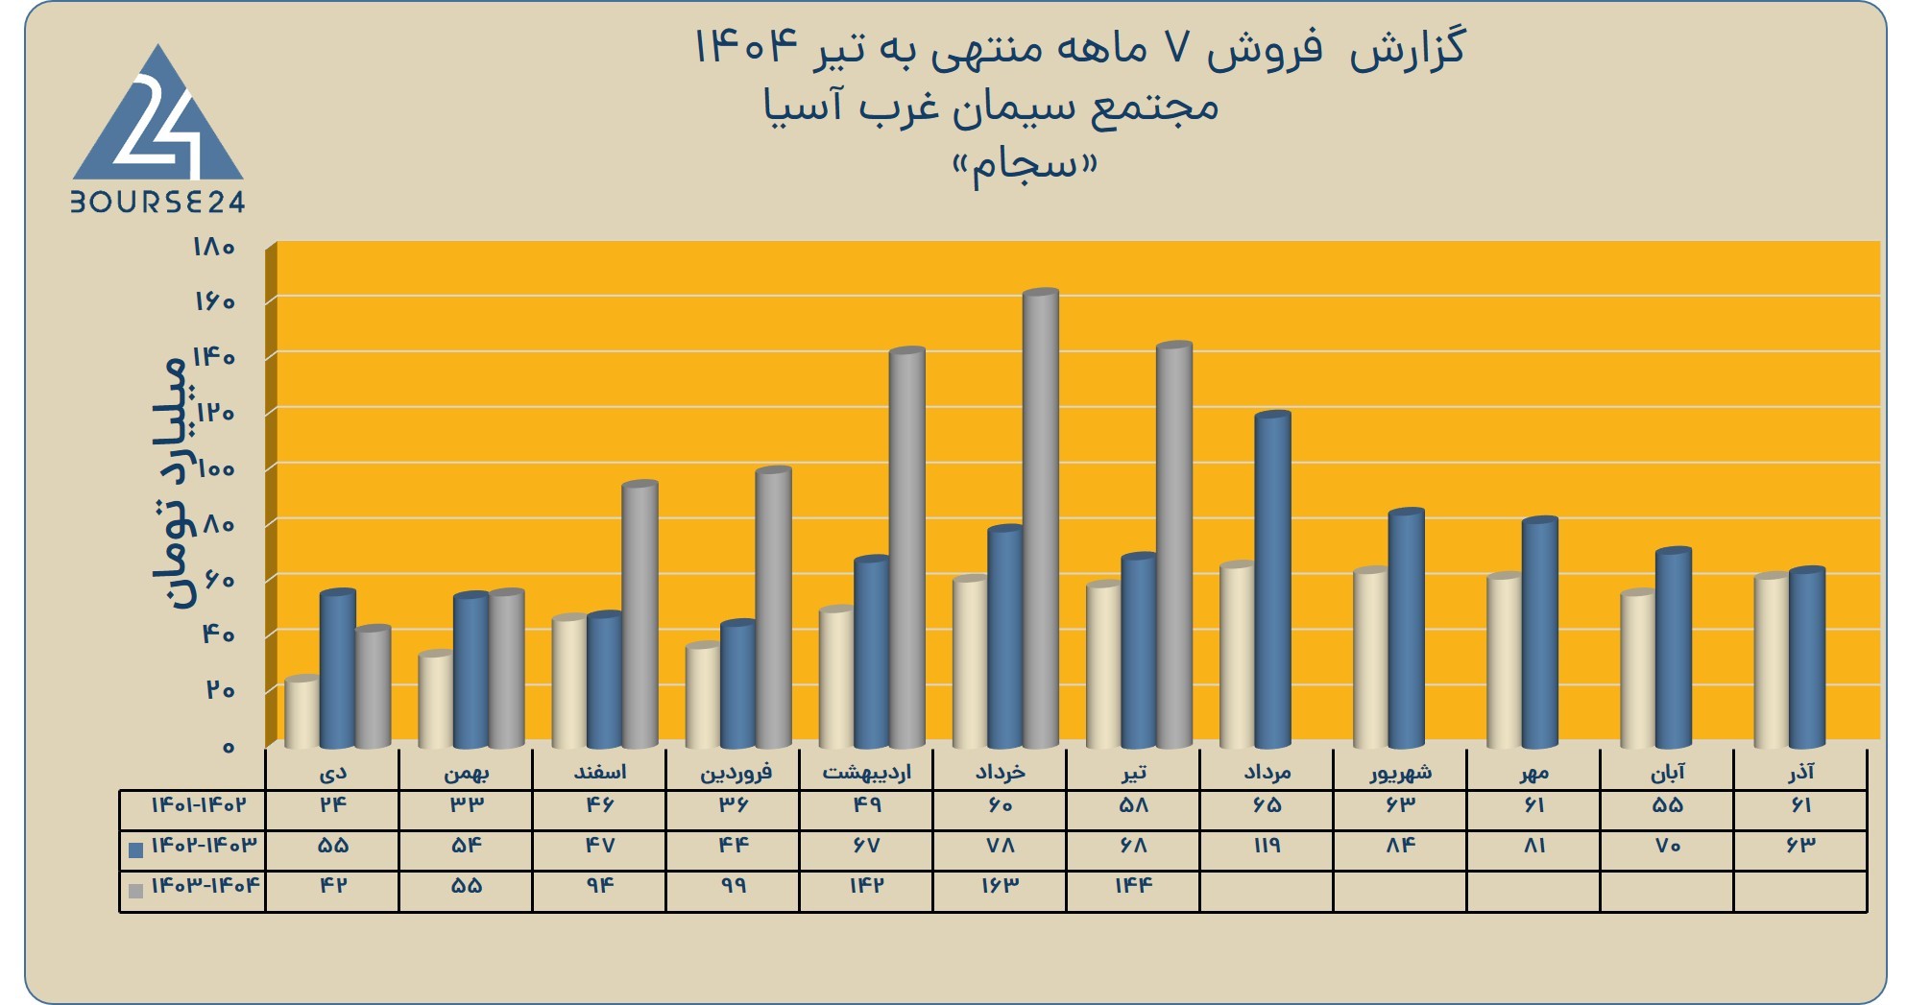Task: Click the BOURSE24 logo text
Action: (x=157, y=202)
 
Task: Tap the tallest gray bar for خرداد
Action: (x=1040, y=518)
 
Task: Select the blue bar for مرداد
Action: (x=1272, y=580)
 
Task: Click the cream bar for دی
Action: (x=302, y=712)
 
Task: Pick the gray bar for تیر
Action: (x=1173, y=545)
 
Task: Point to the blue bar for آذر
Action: (x=1806, y=658)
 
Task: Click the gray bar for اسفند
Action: (x=640, y=614)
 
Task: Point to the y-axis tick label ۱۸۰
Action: (x=214, y=248)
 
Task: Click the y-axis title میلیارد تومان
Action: (x=170, y=483)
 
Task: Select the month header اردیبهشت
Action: (x=866, y=772)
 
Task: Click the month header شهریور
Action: (x=1401, y=772)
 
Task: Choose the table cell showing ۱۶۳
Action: (x=1000, y=886)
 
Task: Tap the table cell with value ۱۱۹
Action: (x=1267, y=846)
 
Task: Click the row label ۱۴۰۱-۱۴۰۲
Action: (x=199, y=805)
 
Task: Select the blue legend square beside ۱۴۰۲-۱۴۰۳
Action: (x=135, y=849)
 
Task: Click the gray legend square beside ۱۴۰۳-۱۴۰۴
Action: (x=135, y=890)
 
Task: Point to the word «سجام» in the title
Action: (x=1025, y=167)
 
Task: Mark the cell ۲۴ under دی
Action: (x=332, y=805)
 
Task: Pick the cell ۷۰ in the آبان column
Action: (x=1667, y=846)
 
